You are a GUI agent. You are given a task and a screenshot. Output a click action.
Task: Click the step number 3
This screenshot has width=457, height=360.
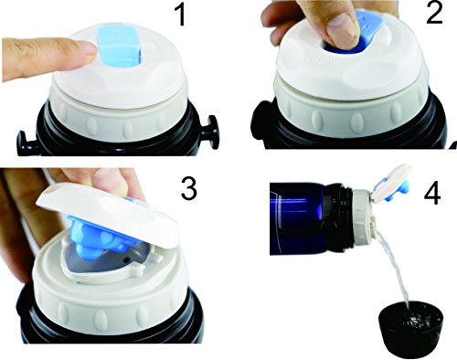(188, 188)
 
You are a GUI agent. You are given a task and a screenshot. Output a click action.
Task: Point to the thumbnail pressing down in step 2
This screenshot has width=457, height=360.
(344, 26)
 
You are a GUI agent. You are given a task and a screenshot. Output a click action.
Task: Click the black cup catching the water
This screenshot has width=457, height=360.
(410, 327)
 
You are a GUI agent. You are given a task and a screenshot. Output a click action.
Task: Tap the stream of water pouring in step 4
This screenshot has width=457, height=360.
(395, 267)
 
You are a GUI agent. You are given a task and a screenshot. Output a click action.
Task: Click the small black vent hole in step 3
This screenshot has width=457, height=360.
(126, 259)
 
